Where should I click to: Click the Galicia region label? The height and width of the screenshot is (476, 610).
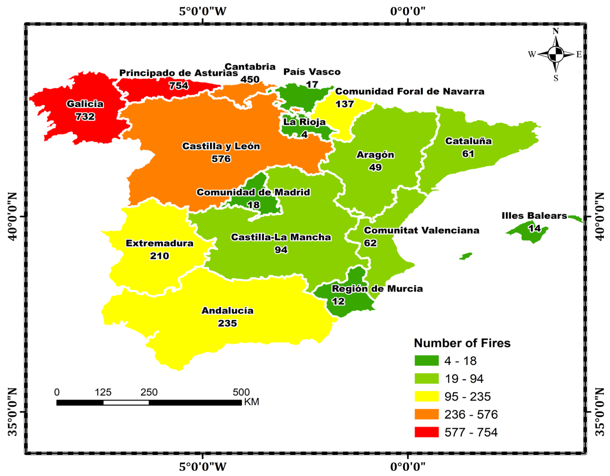pos(85,104)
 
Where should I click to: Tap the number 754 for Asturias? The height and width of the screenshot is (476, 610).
pos(179,85)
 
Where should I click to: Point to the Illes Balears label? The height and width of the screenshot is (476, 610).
pos(534,216)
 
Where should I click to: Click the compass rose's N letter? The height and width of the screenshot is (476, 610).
pos(556,31)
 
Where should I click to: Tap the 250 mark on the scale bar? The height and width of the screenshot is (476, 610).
pos(149,392)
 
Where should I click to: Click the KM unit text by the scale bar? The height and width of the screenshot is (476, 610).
pos(251,402)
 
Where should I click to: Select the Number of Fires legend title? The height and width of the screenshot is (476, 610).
pos(462,343)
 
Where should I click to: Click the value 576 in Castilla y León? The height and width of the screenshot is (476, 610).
pos(221,159)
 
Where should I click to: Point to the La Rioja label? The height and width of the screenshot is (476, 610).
pos(304,122)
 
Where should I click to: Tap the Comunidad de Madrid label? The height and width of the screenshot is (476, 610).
pos(253,192)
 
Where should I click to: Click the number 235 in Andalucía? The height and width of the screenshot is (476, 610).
pos(227,323)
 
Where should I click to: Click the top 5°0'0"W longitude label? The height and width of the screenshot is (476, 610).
pos(202,11)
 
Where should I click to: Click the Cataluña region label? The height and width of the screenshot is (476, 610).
pos(468,141)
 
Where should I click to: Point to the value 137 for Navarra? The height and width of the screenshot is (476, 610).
pos(345,104)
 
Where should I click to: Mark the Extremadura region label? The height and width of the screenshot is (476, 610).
pos(159,243)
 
